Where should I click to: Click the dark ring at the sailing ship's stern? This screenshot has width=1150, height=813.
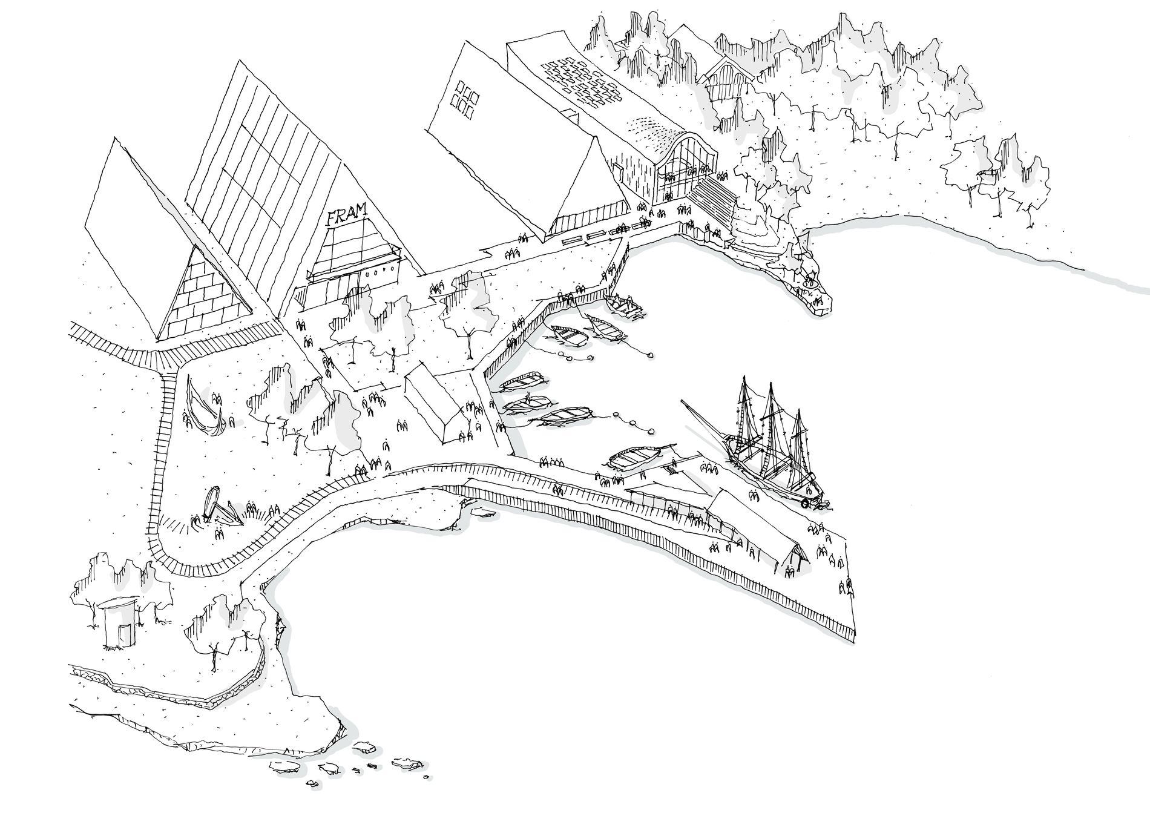805,503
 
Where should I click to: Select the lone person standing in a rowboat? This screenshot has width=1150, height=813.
528,400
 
